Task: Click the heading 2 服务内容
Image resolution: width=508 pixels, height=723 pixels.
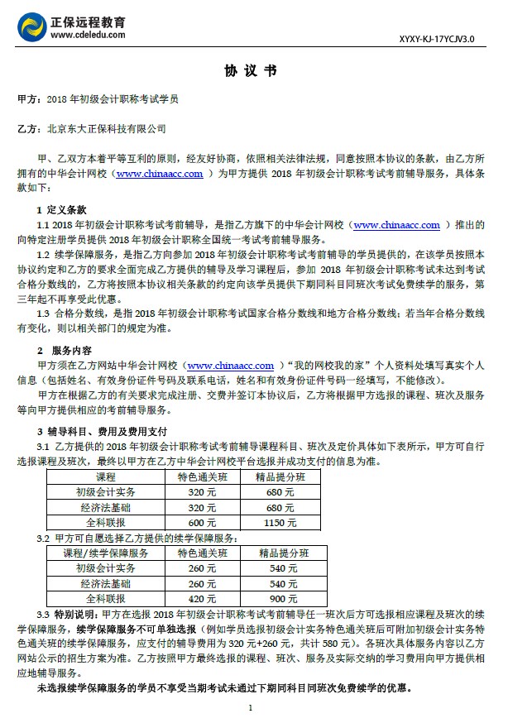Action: [67, 351]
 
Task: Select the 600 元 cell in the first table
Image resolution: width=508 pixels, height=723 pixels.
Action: [196, 522]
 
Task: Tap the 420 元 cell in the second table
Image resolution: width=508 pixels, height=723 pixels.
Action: [196, 598]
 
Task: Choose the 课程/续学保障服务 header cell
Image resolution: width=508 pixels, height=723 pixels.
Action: [106, 553]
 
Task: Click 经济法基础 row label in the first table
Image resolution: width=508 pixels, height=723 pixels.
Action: [106, 507]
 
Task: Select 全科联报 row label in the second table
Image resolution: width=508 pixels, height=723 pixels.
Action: [106, 598]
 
